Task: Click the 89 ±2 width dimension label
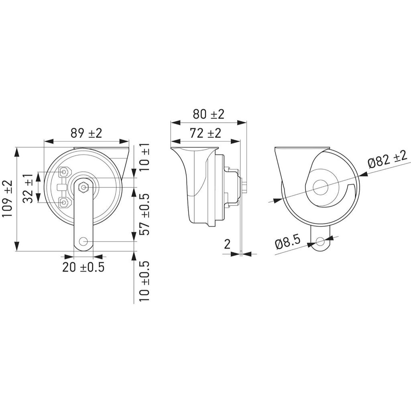pyautogui.click(x=86, y=133)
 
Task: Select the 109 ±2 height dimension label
pyautogui.click(x=8, y=199)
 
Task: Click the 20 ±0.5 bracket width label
pyautogui.click(x=83, y=267)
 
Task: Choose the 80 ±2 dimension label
pyautogui.click(x=208, y=114)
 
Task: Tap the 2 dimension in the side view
pyautogui.click(x=227, y=244)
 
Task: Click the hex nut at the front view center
pyautogui.click(x=83, y=187)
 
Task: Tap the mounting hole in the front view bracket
pyautogui.click(x=83, y=241)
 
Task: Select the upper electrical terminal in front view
pyautogui.click(x=64, y=173)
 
